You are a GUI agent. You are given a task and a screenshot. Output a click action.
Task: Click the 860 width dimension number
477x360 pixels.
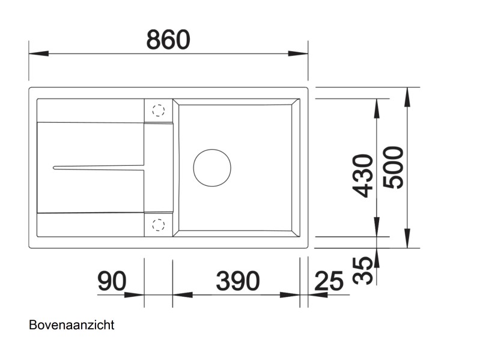tap(168, 40)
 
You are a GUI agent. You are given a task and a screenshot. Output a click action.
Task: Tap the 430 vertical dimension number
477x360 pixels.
tap(363, 175)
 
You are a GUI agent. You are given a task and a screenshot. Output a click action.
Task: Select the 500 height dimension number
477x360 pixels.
tap(394, 167)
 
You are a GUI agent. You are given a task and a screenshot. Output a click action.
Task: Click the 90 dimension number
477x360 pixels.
tap(112, 281)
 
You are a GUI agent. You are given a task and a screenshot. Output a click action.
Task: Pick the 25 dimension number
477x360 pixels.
tap(328, 281)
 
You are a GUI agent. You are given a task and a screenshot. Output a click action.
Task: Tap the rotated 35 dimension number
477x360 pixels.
tap(362, 271)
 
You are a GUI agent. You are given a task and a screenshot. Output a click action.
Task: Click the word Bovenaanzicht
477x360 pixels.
tap(71, 325)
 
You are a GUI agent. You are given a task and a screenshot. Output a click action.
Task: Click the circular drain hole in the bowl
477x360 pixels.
tap(211, 166)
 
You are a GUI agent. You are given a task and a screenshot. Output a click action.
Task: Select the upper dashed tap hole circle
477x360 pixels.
tap(158, 111)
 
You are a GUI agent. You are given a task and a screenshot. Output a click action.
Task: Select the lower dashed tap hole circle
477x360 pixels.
tap(158, 225)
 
